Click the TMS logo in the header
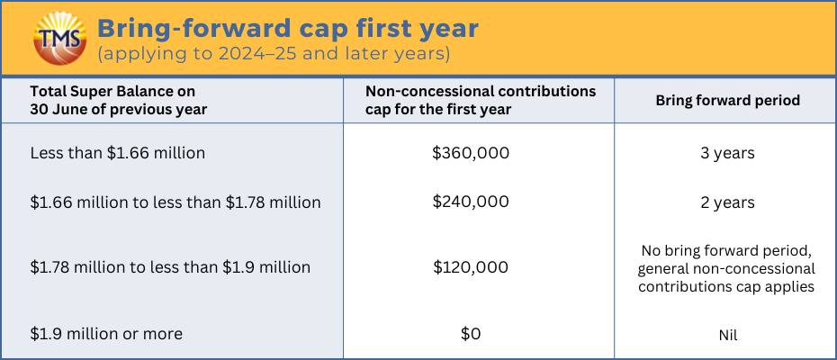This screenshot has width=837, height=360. tap(59, 38)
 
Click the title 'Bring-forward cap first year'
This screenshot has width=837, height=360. tap(288, 29)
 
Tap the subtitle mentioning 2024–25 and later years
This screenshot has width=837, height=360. tap(274, 55)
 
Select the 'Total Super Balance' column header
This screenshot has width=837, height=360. tap(119, 101)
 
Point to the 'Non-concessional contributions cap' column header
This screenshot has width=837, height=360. tap(481, 101)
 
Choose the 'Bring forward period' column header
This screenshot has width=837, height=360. tap(727, 101)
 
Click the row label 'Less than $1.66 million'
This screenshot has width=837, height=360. tap(117, 153)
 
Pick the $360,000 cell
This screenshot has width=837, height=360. tap(471, 153)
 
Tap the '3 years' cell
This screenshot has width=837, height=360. tap(728, 153)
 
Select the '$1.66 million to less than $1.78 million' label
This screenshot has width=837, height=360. tap(175, 202)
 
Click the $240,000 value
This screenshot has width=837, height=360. tap(471, 202)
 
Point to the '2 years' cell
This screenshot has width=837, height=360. tap(728, 202)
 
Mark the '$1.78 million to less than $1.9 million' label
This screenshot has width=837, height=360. tap(170, 267)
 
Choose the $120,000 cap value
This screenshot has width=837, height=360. tap(471, 267)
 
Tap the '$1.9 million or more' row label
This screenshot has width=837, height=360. tap(106, 334)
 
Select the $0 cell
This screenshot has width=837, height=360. tap(471, 334)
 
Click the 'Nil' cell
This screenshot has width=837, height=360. tap(728, 336)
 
